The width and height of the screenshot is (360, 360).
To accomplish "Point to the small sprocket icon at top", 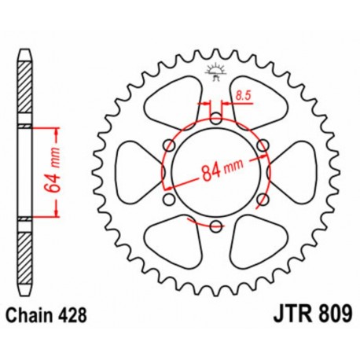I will click(215, 72).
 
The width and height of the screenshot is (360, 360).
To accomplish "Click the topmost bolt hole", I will click(215, 119).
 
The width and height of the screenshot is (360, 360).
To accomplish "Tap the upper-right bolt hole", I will click(262, 146).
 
